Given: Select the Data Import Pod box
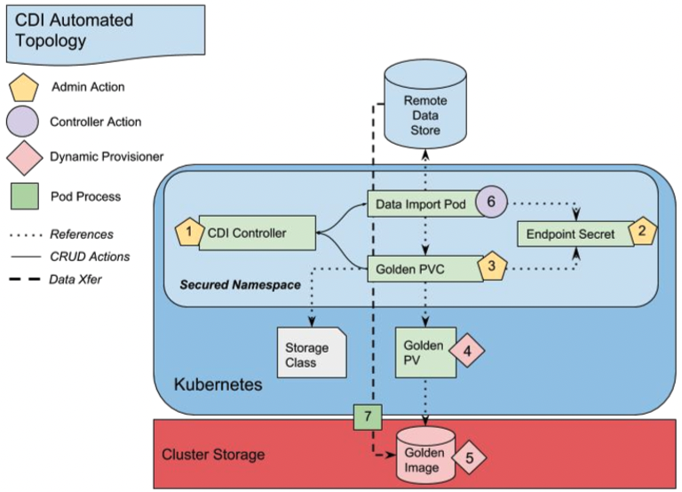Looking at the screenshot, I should point(422,203).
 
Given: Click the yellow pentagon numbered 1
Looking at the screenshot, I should point(187,233).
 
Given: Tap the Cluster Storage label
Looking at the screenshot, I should point(212,454).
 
